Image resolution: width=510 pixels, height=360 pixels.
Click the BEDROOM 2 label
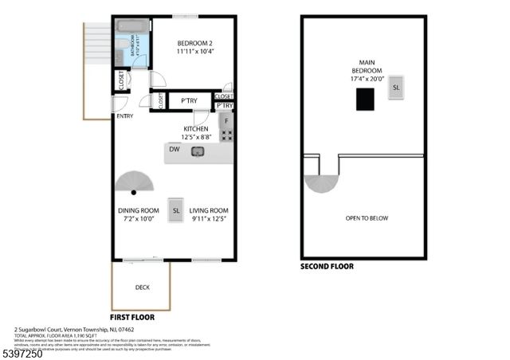point(193,45)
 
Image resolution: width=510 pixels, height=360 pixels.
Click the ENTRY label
point(125,116)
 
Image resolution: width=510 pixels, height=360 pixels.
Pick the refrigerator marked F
point(226,120)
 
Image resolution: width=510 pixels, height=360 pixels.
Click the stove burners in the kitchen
point(226,135)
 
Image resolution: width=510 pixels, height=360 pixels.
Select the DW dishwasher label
point(174,148)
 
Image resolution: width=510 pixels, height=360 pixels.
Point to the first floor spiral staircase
point(134,184)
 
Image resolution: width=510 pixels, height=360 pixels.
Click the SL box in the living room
point(176,210)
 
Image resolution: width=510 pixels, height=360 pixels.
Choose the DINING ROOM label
point(135,214)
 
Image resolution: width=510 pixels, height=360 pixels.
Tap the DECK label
point(142,288)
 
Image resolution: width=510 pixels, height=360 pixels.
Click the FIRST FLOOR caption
point(135,316)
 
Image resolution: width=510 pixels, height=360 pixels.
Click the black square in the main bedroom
point(365,100)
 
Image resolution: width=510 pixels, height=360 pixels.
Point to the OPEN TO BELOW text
point(367,217)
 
